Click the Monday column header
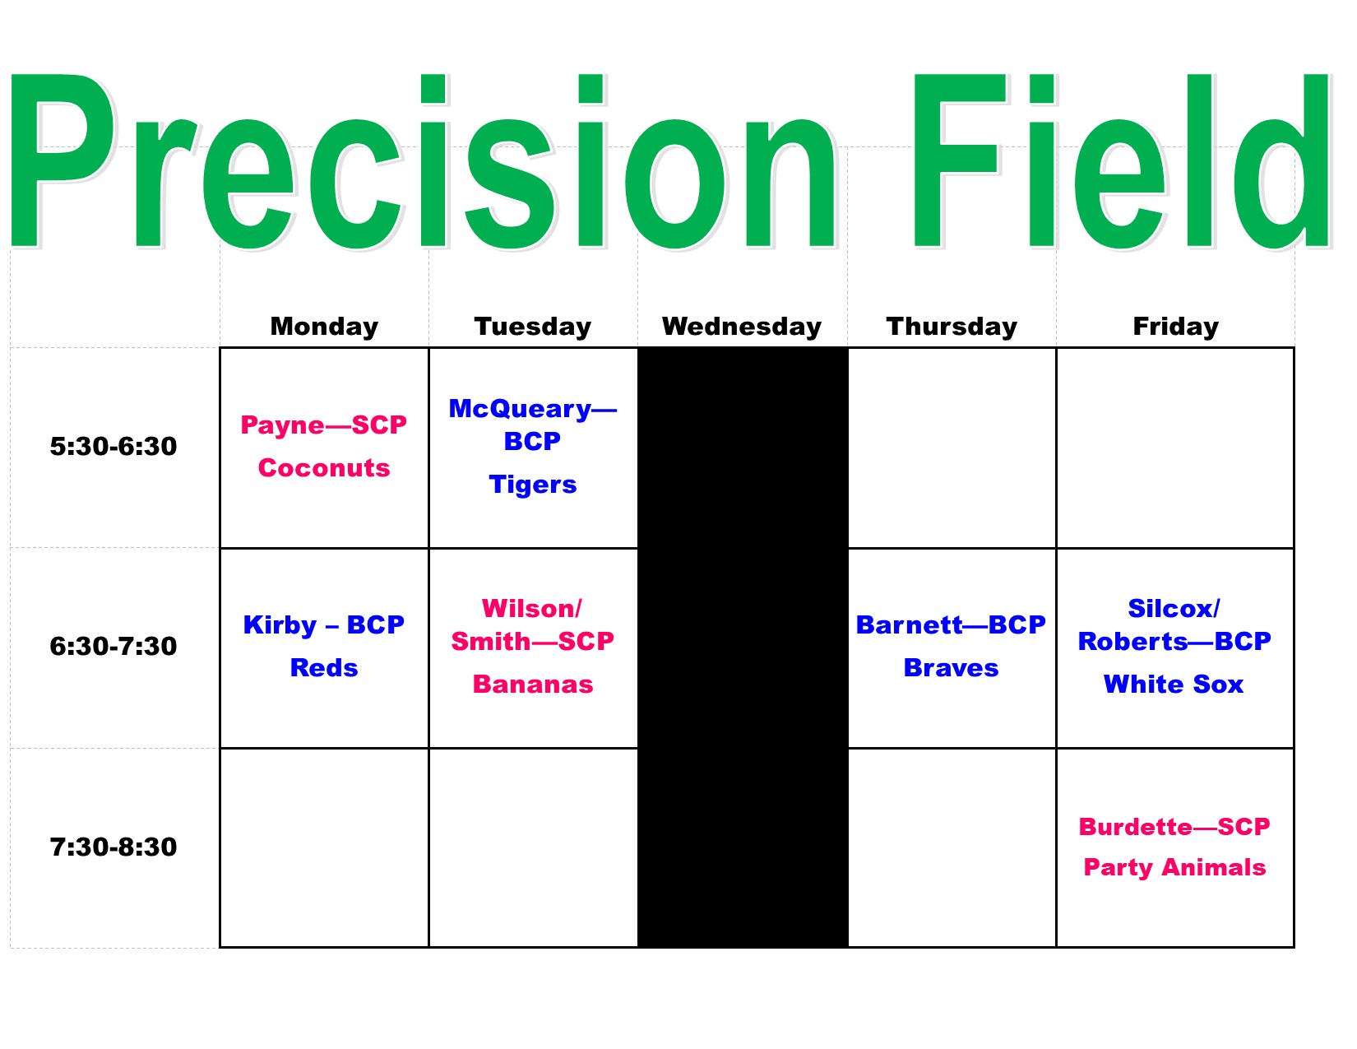coord(324,327)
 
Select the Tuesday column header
coord(533,327)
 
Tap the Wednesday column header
coord(742,327)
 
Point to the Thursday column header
coord(952,327)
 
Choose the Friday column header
coord(1176,327)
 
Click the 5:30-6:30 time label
coord(113,446)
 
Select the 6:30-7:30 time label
coord(113,646)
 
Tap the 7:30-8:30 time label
coord(113,847)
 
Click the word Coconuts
coord(324,468)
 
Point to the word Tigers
coord(533,485)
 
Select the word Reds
coord(324,668)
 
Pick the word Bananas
coord(533,685)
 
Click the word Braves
coord(951,668)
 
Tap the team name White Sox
coord(1174,685)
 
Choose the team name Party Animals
coord(1174,868)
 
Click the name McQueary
coord(521,409)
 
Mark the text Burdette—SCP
coord(1174,827)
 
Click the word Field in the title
coord(1122,161)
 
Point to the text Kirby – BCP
coord(324,624)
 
